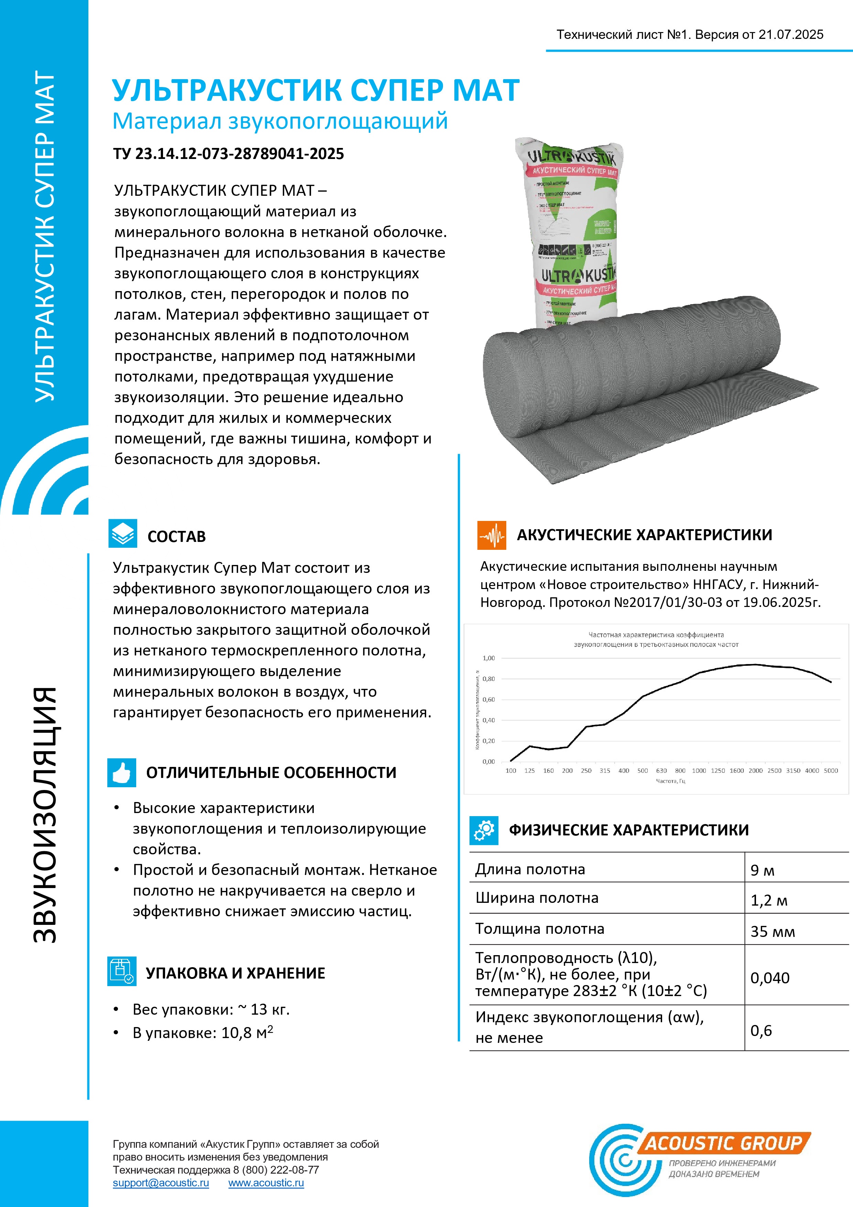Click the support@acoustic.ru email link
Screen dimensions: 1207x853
tap(161, 1183)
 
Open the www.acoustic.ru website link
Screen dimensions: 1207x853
tap(266, 1183)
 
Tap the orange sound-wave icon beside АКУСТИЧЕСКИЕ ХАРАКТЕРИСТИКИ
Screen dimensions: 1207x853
tap(492, 535)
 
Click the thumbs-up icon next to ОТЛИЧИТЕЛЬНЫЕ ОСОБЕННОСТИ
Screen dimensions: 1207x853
tap(121, 772)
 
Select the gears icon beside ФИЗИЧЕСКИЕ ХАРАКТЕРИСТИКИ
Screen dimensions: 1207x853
tap(484, 830)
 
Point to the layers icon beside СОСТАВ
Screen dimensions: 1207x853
tap(122, 534)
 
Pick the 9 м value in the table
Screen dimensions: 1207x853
tap(762, 870)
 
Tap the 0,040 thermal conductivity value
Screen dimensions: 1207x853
tap(769, 978)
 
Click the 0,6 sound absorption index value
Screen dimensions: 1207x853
tap(760, 1030)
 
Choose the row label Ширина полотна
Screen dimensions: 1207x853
tap(537, 898)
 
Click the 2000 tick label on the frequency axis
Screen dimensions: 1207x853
tap(755, 771)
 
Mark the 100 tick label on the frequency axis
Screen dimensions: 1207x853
tap(510, 771)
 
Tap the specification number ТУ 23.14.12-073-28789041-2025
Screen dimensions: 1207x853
tap(229, 154)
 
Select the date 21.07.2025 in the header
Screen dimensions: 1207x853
tap(790, 35)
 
